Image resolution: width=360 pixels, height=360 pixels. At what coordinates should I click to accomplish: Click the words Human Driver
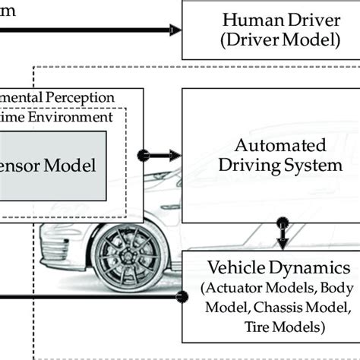pos(271,20)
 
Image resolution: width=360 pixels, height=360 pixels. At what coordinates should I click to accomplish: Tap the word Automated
pos(270,144)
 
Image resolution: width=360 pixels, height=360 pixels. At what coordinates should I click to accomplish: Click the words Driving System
pos(270,164)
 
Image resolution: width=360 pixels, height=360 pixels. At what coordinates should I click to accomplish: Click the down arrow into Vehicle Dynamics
pos(282,243)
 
